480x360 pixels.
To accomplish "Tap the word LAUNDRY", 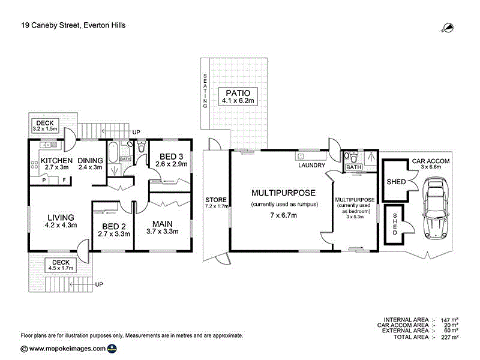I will point(311,166).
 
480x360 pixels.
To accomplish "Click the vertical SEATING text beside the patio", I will point(205,90).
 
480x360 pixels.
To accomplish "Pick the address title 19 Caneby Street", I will point(73,25).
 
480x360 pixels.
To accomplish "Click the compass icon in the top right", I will point(448,26).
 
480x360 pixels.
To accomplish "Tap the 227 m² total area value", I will point(450,337).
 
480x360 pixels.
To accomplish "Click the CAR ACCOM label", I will point(430,162).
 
